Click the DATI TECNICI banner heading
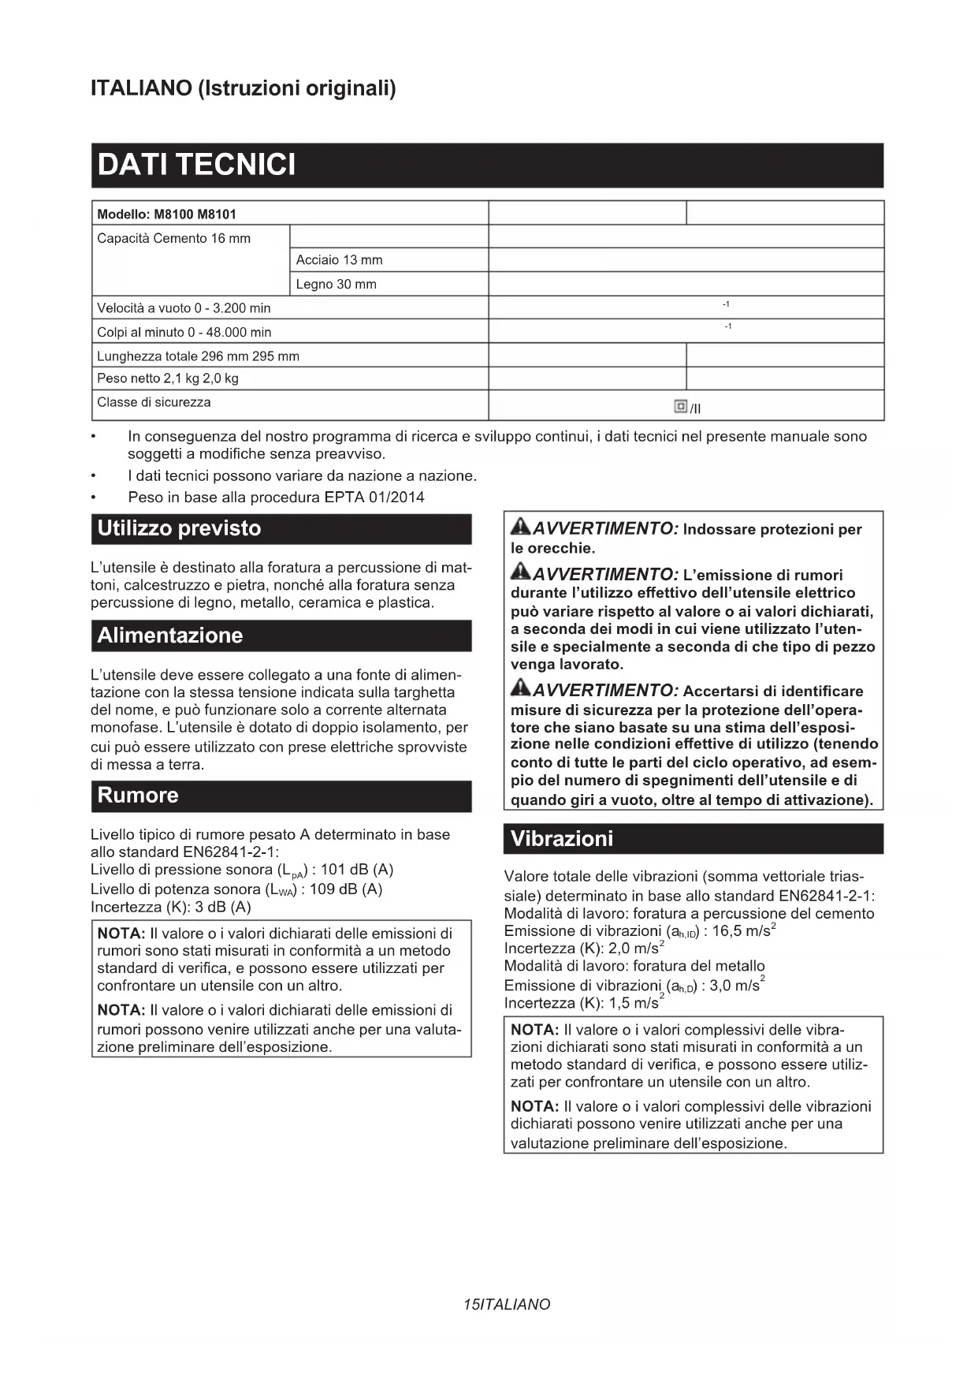[196, 165]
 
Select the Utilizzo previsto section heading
[179, 528]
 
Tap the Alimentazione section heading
[170, 636]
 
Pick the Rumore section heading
[138, 795]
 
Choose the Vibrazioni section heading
[562, 838]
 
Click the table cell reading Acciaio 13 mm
[340, 260]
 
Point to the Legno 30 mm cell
[337, 284]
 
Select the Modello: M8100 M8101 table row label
[167, 214]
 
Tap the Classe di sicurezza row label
[154, 402]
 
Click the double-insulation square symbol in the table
[681, 406]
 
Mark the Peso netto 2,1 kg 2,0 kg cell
[168, 378]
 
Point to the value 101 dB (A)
[357, 870]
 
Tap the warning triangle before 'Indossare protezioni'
[520, 527]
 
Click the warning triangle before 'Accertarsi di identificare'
[520, 688]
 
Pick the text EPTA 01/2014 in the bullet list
[374, 498]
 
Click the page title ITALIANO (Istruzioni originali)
[244, 88]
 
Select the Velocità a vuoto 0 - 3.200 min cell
[184, 308]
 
